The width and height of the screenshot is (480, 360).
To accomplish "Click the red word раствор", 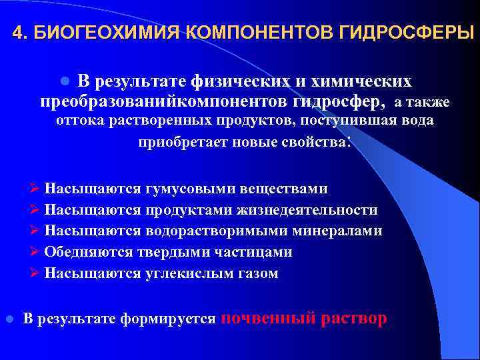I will pyautogui.click(x=353, y=319).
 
